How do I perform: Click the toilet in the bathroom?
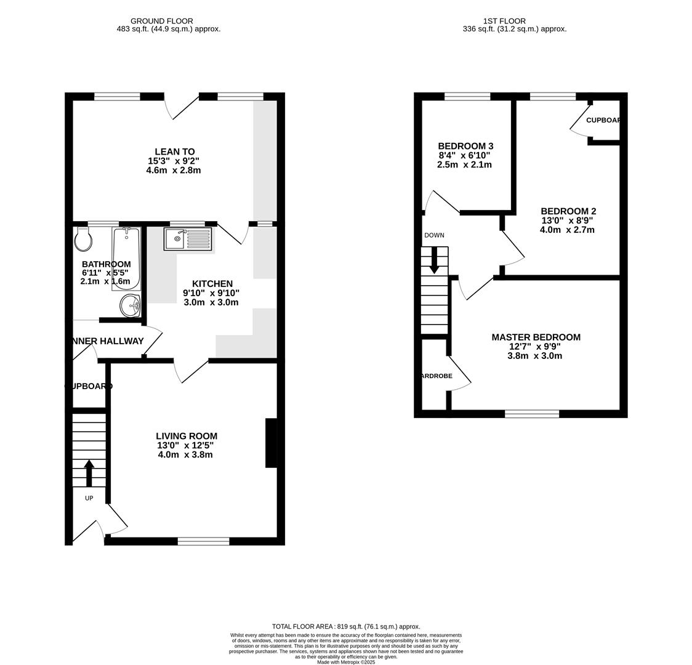coord(83,240)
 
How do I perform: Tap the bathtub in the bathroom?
coord(126,259)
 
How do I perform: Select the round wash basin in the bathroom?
coord(130,305)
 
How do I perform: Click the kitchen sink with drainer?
coord(188,238)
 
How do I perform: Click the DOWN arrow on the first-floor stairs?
coord(435,259)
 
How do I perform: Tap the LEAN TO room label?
coord(174,151)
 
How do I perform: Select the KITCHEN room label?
coord(212,284)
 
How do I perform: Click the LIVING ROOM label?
coord(186,436)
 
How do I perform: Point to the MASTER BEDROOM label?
coord(536,337)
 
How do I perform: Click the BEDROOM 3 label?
coord(465,146)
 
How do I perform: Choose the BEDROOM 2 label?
coord(568,211)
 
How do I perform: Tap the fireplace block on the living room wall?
coord(271,443)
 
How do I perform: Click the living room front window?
coord(203,541)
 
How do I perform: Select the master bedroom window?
coord(532,414)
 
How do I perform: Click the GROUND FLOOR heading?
coord(161,21)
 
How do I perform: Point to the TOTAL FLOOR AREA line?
coord(346,626)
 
